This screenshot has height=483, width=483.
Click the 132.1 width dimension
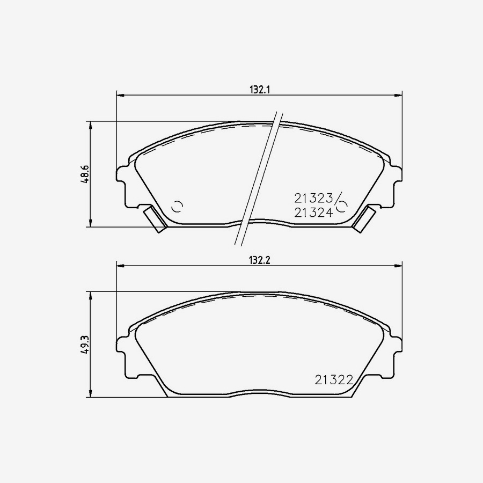click(258, 90)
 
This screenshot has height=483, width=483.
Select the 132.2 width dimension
click(258, 260)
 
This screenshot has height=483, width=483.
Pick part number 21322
click(333, 380)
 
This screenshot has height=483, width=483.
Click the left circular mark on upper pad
click(177, 206)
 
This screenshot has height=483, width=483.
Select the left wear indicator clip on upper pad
click(153, 219)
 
